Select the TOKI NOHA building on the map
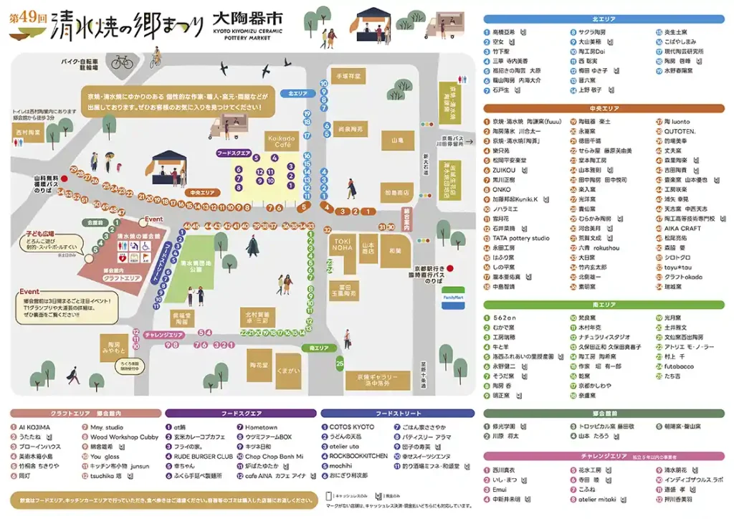pyautogui.click(x=342, y=244)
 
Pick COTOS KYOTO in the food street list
pyautogui.click(x=351, y=427)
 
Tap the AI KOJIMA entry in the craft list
pyautogui.click(x=34, y=427)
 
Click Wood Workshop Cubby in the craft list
pyautogui.click(x=123, y=437)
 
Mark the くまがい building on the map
pyautogui.click(x=287, y=371)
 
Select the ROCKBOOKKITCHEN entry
pyautogui.click(x=358, y=456)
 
